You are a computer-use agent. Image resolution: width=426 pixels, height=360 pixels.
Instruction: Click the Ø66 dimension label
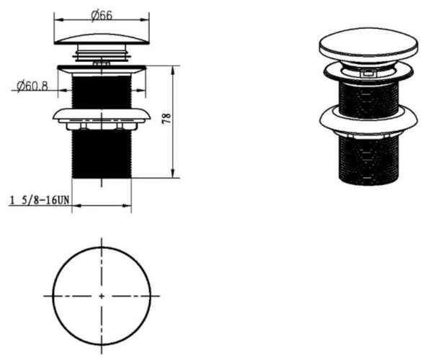pos(102,15)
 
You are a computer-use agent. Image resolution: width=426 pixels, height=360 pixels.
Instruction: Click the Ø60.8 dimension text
pos(32,86)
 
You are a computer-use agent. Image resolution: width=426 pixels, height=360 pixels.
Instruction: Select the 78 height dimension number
pos(167,118)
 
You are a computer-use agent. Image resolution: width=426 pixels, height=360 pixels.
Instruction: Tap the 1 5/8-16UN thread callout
pos(40,200)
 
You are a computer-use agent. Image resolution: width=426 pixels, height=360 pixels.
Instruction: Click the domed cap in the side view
pos(102,39)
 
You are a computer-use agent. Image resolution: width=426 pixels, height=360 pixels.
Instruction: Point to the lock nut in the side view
pos(102,120)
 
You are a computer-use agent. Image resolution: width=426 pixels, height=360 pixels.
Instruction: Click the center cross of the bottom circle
pos(102,296)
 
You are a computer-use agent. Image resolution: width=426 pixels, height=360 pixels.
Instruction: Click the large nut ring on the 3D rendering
pos(368,121)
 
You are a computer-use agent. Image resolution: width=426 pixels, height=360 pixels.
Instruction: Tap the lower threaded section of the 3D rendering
pos(368,161)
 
